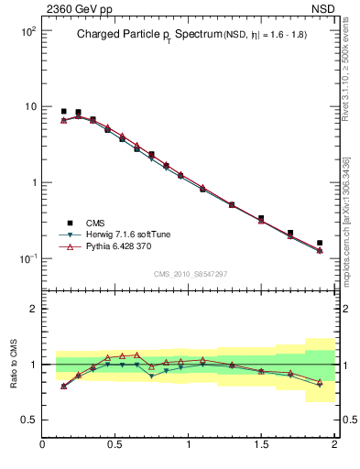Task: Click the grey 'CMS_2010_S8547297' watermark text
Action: [190, 274]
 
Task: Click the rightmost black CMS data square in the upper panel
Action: [320, 243]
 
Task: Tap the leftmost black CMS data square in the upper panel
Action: [63, 111]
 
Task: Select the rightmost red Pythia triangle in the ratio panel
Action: [320, 381]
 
